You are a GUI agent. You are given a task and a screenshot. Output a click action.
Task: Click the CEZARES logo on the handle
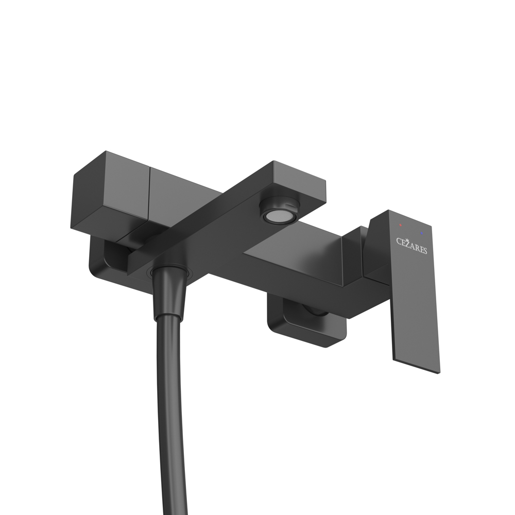click(x=411, y=246)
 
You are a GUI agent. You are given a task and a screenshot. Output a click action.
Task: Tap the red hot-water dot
click(x=401, y=225)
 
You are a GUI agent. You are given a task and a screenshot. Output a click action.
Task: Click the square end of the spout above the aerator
click(x=299, y=180)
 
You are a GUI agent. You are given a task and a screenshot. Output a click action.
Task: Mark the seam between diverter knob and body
click(x=149, y=201)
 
